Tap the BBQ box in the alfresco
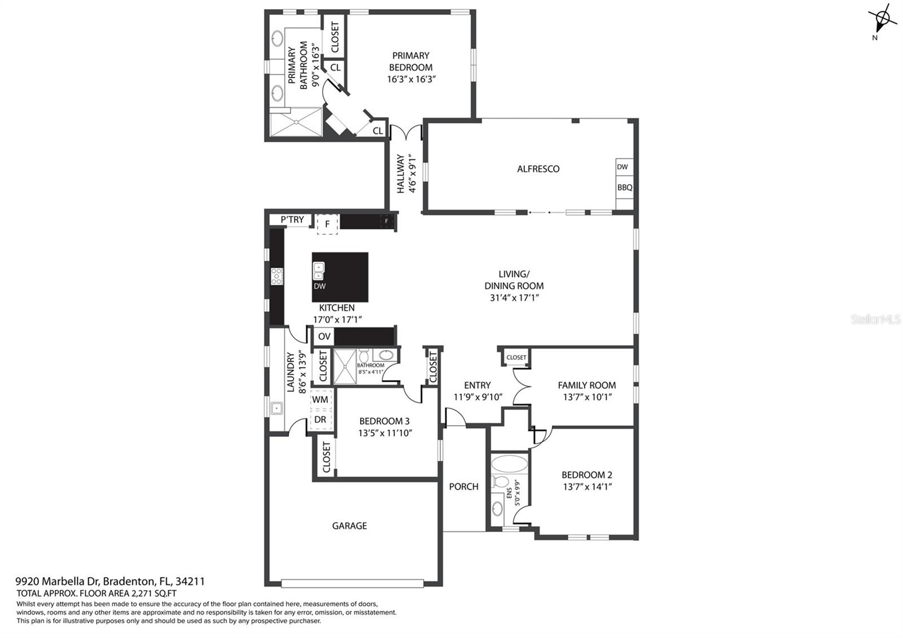pos(624,187)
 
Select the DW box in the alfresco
pos(622,167)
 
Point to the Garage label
pos(349,526)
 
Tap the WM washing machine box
pos(320,399)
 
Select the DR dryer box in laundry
pos(320,419)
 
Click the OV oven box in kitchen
pos(324,337)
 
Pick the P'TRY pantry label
pos(292,220)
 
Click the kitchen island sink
pos(319,271)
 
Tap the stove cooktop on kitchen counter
pos(277,276)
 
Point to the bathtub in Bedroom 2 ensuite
pos(509,464)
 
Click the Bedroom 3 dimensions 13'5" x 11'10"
pos(385,433)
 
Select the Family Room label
pos(586,385)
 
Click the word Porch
pos(463,486)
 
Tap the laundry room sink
pos(277,408)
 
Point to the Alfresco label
pos(538,169)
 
